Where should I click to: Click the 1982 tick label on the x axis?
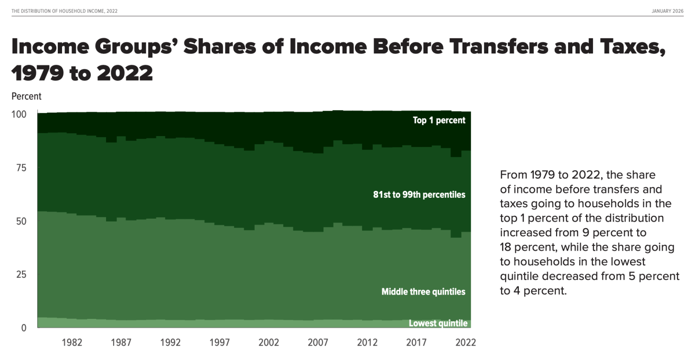click(x=72, y=342)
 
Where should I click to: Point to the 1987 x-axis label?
click(x=121, y=342)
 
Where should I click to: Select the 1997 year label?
click(x=219, y=342)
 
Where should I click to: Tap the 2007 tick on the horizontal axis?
click(x=318, y=342)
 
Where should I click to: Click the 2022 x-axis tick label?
click(x=465, y=342)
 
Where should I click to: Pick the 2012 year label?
click(x=367, y=342)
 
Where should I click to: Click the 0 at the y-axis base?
click(x=23, y=328)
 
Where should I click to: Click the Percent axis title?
click(x=26, y=96)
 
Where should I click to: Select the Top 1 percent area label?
click(x=439, y=120)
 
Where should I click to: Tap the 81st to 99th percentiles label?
click(x=419, y=195)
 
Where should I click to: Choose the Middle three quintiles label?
click(x=423, y=292)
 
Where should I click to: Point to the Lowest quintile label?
click(x=438, y=323)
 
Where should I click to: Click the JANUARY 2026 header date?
click(x=667, y=11)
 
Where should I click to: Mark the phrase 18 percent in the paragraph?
click(x=527, y=247)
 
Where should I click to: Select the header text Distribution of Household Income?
click(x=64, y=11)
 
